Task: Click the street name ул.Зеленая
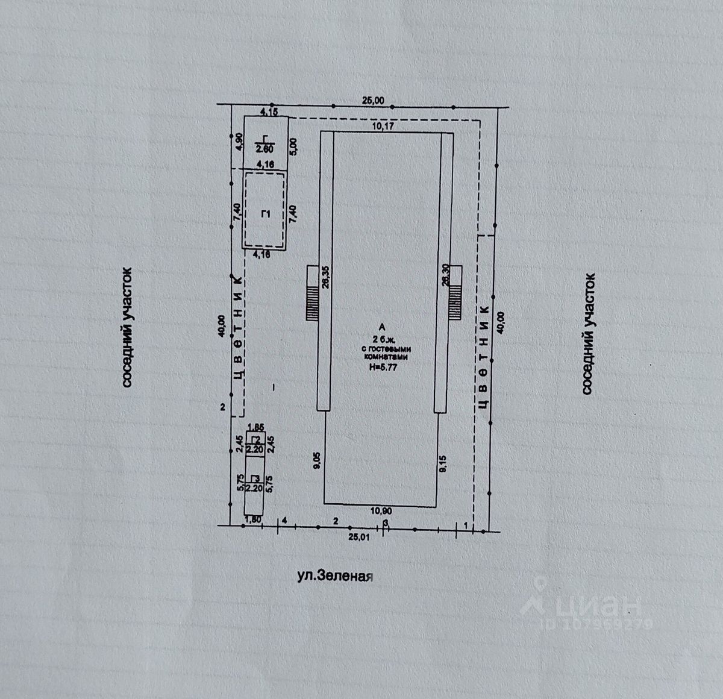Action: point(336,575)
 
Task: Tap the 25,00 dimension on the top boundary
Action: point(372,101)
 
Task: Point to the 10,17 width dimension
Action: point(384,127)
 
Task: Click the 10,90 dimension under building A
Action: point(380,510)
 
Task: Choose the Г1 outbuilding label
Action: point(264,213)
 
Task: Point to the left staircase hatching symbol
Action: point(312,292)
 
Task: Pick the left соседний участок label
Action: point(127,328)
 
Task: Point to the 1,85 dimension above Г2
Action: point(256,427)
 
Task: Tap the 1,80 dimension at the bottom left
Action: point(252,519)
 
